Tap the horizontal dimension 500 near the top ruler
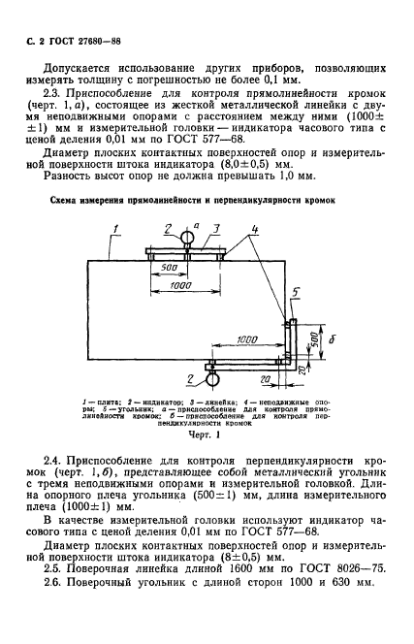coord(171,268)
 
